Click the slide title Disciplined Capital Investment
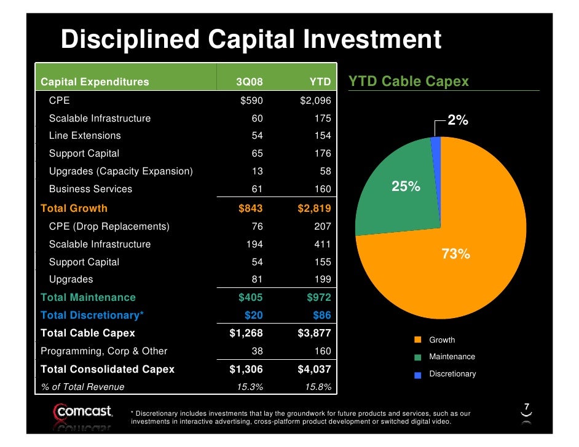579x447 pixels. click(x=251, y=41)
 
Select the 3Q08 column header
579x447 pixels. click(x=250, y=82)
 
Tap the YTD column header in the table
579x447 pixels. click(x=320, y=82)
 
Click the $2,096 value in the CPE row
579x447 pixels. click(x=315, y=101)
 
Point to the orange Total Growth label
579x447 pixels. click(x=74, y=208)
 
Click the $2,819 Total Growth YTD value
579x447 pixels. click(x=314, y=208)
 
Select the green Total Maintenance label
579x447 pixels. click(x=88, y=297)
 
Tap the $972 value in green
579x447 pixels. click(x=318, y=297)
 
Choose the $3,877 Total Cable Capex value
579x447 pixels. click(x=314, y=333)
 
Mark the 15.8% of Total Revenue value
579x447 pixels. click(x=318, y=387)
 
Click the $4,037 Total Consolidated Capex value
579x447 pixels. click(x=314, y=369)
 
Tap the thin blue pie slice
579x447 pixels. click(x=436, y=143)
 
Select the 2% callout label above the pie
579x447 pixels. click(x=457, y=121)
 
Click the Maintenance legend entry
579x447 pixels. click(x=451, y=357)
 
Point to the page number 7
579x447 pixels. click(x=526, y=406)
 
